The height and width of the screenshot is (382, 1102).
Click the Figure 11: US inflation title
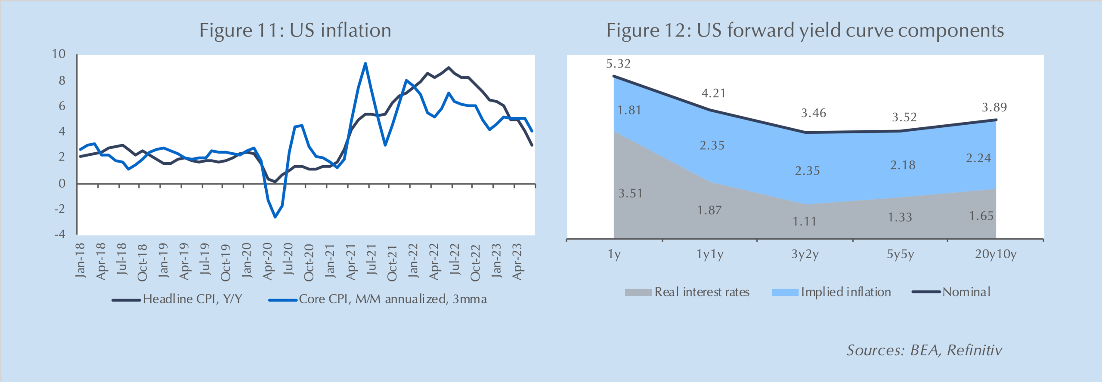(295, 31)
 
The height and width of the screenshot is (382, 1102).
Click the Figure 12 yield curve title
(805, 31)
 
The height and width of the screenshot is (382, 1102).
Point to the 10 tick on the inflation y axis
(59, 54)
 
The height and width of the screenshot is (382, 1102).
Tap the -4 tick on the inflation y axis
(59, 234)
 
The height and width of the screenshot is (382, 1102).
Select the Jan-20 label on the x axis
(247, 261)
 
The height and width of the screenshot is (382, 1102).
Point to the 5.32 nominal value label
(618, 64)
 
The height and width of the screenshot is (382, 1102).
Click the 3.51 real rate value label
(630, 194)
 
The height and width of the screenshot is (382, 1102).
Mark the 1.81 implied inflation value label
(629, 111)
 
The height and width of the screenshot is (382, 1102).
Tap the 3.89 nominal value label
(994, 108)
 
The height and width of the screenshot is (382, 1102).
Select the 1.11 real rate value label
(804, 222)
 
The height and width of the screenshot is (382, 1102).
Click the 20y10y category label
(995, 255)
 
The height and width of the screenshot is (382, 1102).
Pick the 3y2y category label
(805, 255)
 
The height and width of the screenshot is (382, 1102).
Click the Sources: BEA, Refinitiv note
(924, 350)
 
